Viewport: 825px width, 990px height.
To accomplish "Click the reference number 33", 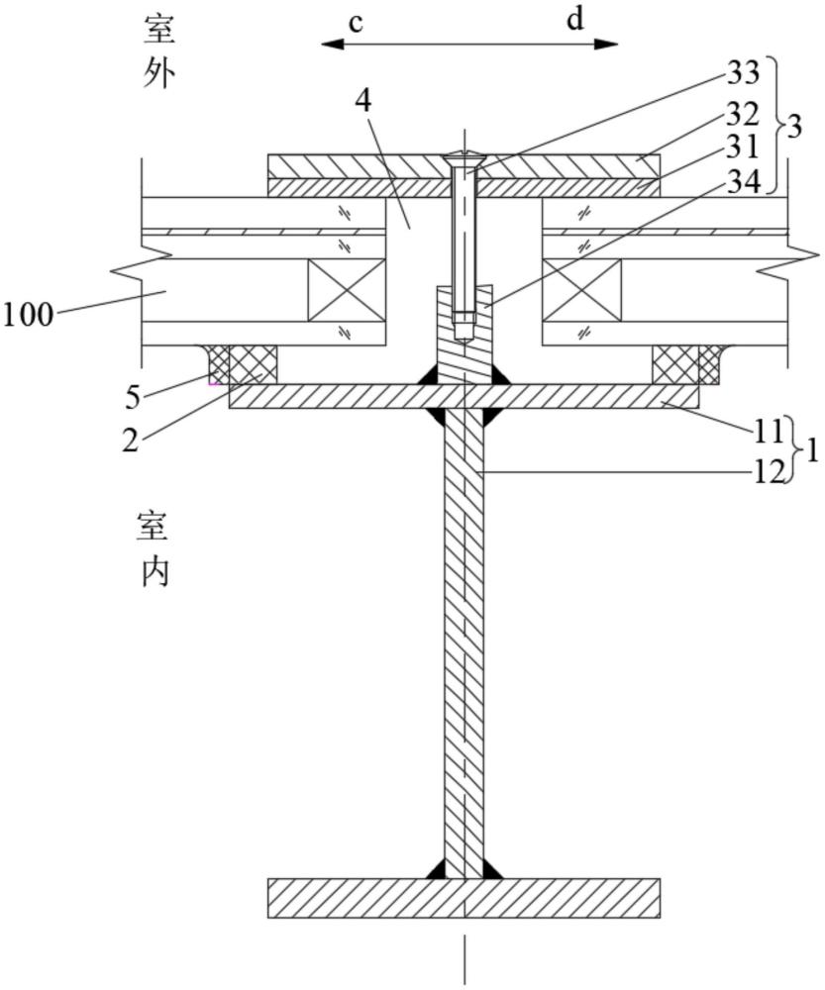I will pyautogui.click(x=742, y=72).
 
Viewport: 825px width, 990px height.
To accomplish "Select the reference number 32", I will pyautogui.click(x=742, y=111).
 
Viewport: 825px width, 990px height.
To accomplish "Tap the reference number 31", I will pyautogui.click(x=742, y=146).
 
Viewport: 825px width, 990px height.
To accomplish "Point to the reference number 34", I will pyautogui.click(x=742, y=181).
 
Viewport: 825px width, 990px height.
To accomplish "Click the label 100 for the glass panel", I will pyautogui.click(x=27, y=316).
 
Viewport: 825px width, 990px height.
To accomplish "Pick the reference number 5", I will pyautogui.click(x=133, y=396).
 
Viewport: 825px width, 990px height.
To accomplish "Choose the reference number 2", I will pyautogui.click(x=132, y=439).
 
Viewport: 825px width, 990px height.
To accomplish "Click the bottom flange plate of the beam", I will pyautogui.click(x=464, y=898).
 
